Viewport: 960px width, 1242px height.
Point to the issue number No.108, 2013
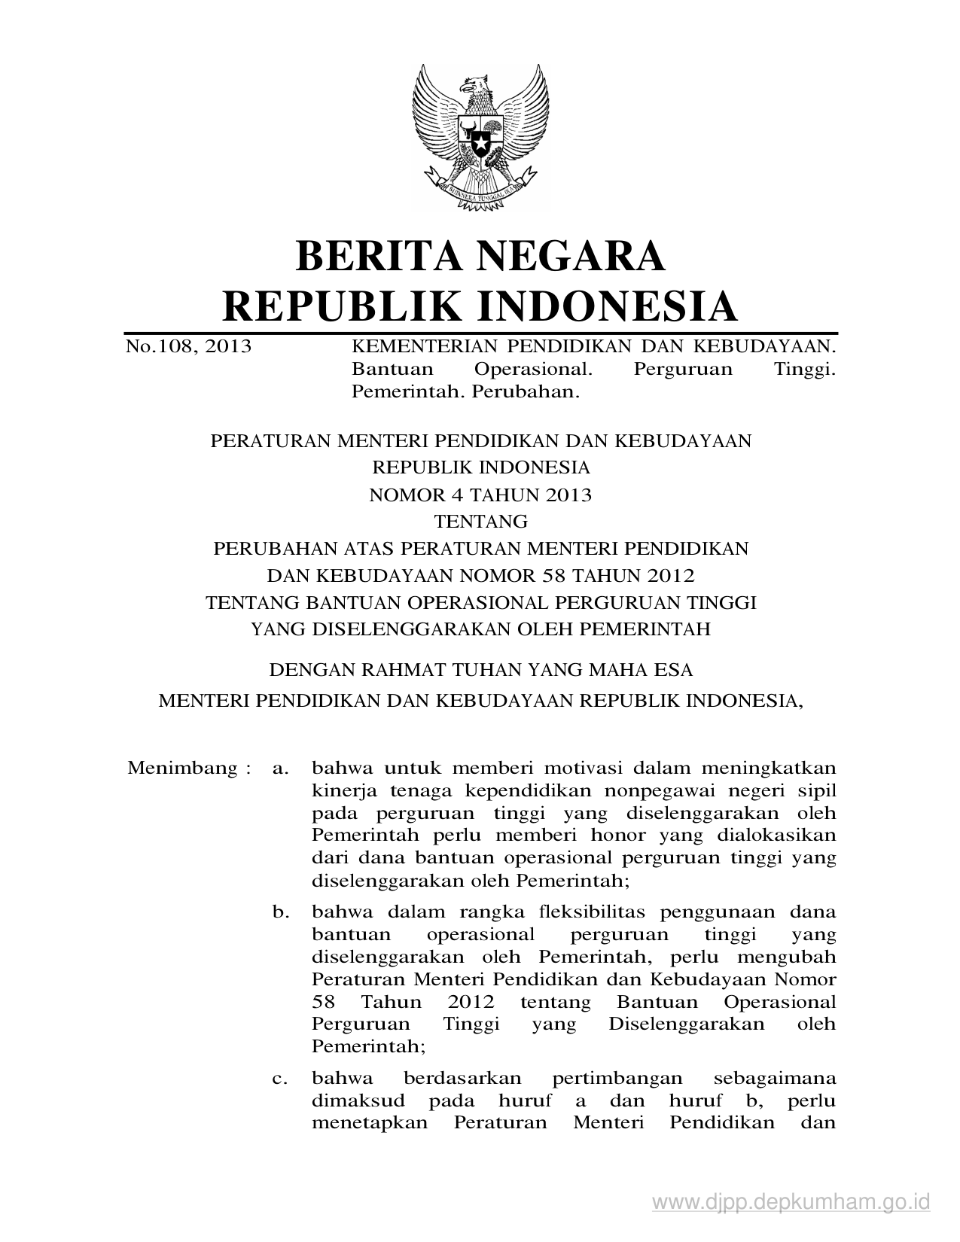point(189,347)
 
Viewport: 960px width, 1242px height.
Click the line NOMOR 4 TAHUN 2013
point(480,495)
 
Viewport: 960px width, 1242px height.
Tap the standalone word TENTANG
point(480,522)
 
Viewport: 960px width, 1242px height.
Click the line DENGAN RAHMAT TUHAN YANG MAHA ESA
point(480,669)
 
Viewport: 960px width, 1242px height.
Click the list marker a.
point(281,769)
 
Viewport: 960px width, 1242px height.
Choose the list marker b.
point(281,912)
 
